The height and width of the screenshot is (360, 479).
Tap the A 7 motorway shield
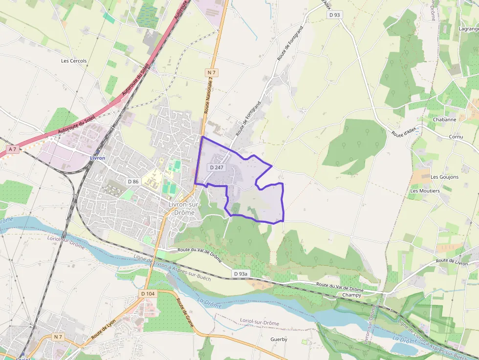coord(12,149)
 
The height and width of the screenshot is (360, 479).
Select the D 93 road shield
coord(334,15)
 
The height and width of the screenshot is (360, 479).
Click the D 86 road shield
coord(133,181)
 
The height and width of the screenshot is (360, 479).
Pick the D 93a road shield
coord(240,274)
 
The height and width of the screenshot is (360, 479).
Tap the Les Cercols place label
coord(74,61)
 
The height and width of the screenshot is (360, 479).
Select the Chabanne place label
coord(444,119)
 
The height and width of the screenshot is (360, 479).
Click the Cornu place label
coord(456,137)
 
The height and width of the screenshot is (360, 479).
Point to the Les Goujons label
coord(444,177)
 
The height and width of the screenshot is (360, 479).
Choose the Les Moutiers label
coord(425,191)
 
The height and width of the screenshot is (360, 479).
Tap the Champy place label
coord(352,295)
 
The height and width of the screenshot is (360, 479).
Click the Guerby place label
coord(279,339)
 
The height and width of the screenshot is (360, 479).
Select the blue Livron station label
coord(97,158)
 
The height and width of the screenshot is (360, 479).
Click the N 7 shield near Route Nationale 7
coord(212,72)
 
